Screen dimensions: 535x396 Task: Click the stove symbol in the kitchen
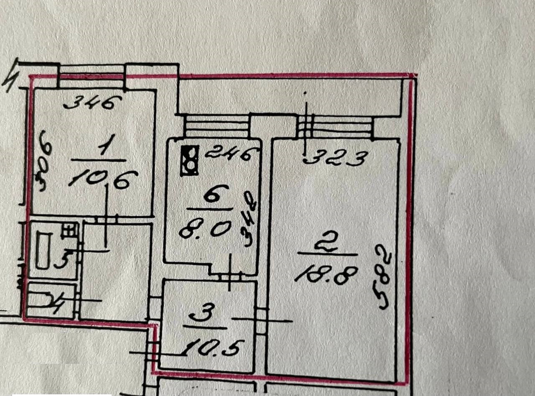(x=189, y=161)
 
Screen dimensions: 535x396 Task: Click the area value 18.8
(x=326, y=275)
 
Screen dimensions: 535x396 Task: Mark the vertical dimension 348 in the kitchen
(x=250, y=219)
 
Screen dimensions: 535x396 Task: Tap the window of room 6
(x=217, y=125)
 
